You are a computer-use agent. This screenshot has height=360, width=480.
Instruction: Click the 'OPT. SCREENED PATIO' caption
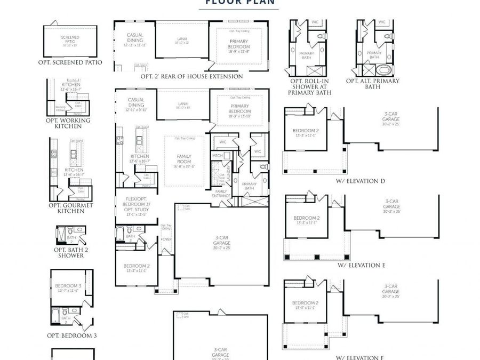pos(70,62)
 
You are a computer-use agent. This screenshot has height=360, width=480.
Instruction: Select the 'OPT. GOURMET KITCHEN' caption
pos(70,208)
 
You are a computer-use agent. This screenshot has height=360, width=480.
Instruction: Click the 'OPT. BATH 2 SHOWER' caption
pos(71,252)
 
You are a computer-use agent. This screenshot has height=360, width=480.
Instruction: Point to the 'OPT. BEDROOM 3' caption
pos(71,335)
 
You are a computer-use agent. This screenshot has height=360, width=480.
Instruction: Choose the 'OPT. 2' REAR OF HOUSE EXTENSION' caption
pos(191,76)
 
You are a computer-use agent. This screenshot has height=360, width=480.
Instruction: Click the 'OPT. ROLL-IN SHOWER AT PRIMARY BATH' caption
pos(309,86)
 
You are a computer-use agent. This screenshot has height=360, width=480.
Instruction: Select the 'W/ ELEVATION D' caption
pos(361,181)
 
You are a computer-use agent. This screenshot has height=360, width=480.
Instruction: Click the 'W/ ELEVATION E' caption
pos(361,265)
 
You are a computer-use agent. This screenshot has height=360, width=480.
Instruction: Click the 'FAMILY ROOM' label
pos(184,159)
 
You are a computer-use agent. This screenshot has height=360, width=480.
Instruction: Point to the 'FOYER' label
pos(166,239)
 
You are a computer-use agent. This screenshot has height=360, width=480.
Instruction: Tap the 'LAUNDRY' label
pos(227,173)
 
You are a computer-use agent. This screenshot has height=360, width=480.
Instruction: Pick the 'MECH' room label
pos(217,156)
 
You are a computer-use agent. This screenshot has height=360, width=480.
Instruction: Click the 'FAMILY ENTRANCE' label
pos(221,193)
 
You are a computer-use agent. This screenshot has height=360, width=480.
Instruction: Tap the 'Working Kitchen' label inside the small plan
pos(61,109)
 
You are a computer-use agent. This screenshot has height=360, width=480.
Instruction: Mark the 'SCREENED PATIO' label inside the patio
pos(70,39)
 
